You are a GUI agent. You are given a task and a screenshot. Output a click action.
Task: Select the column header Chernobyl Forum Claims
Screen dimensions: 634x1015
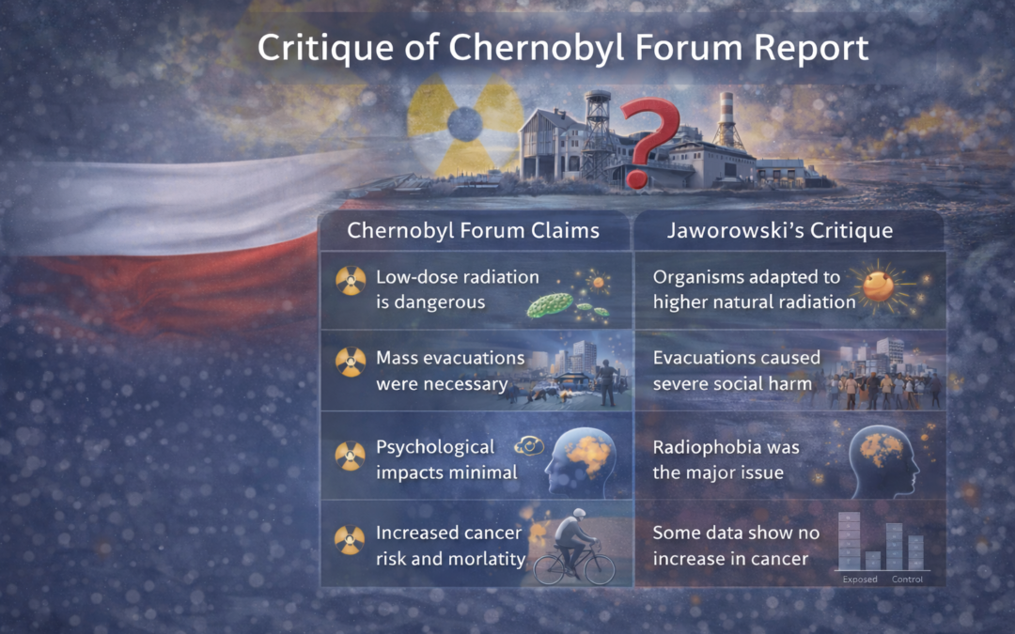coord(474,230)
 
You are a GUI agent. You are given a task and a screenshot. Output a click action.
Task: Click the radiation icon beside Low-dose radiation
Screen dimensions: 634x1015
coord(351,279)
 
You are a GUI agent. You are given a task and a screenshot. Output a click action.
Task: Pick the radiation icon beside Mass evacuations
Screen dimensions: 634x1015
coord(351,360)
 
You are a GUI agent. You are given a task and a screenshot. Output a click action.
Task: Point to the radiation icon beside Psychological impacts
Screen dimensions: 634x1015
coord(351,455)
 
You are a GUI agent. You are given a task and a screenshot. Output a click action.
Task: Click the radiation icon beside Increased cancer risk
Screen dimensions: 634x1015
coord(351,537)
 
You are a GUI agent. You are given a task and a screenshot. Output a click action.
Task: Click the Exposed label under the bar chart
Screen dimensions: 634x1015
coord(860,580)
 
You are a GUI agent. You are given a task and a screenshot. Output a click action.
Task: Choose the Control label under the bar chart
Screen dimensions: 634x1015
coord(907,580)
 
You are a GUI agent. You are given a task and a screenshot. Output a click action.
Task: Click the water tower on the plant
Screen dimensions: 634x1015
coord(597,122)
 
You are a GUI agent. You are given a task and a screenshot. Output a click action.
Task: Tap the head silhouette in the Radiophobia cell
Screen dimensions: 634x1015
coord(886,461)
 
